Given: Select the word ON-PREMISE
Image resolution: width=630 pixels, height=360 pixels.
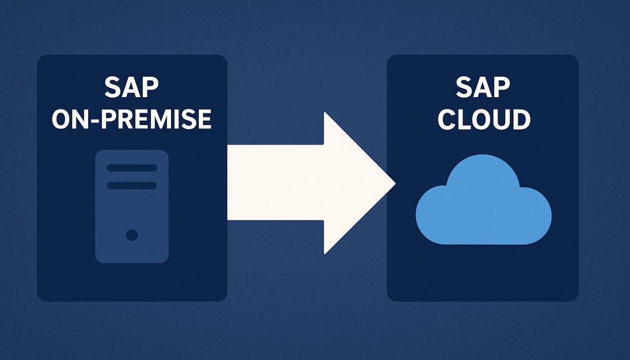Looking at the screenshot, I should click(x=131, y=119).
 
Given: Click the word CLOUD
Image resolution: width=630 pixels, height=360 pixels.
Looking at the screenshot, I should click(x=484, y=119).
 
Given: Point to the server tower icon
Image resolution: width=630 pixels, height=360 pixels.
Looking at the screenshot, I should click(x=132, y=206).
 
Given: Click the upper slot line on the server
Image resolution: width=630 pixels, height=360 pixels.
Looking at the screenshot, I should click(x=132, y=168).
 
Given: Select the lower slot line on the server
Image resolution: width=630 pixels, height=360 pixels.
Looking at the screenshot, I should click(x=132, y=185).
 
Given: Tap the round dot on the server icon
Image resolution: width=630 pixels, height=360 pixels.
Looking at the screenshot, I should click(x=132, y=234).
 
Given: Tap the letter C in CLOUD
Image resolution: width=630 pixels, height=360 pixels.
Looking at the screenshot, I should click(x=448, y=119).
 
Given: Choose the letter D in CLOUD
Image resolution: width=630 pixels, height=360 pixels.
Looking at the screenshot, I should click(x=520, y=119).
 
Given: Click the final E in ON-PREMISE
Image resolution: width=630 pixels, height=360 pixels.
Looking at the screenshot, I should click(x=204, y=119).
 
